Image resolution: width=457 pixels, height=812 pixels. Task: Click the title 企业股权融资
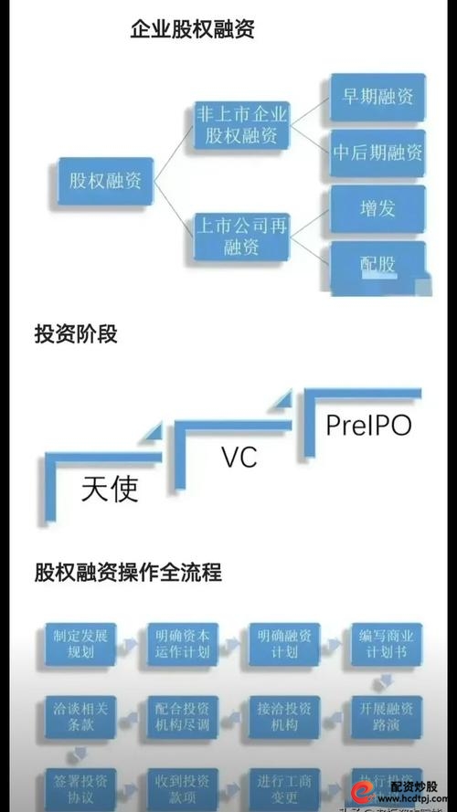192,29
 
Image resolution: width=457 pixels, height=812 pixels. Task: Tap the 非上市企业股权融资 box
242,125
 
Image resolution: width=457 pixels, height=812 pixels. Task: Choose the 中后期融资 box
377,153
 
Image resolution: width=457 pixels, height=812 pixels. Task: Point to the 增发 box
377,208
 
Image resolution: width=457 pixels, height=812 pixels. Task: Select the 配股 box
377,265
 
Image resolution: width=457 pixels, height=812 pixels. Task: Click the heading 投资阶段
76,334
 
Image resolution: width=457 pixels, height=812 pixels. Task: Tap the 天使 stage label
110,490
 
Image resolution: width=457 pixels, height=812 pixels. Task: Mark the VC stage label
239,458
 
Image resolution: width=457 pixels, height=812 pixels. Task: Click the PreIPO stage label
368,426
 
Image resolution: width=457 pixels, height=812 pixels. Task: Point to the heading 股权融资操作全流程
128,574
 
